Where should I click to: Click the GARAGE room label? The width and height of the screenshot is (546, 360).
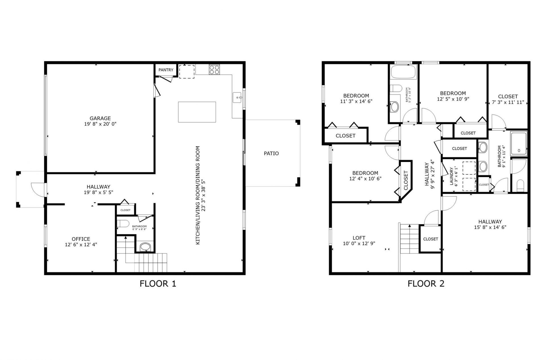tap(100, 118)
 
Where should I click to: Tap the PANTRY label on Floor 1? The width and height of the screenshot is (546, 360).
tap(166, 70)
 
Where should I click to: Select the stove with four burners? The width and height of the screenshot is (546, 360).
tap(214, 70)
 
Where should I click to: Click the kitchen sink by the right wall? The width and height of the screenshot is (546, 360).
tap(237, 97)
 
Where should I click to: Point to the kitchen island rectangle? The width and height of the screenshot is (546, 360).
tap(197, 112)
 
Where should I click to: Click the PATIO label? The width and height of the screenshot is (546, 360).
tap(271, 153)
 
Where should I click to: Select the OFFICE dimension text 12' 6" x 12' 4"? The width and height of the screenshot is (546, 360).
tap(81, 244)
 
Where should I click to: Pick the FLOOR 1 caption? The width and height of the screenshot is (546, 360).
tap(158, 284)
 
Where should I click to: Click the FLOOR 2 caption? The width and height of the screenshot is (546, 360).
tap(426, 284)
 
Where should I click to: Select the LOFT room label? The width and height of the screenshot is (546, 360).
tap(359, 238)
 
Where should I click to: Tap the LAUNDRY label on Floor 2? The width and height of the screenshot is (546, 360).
tap(451, 176)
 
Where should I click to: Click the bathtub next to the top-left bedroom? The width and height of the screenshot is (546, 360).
tap(404, 72)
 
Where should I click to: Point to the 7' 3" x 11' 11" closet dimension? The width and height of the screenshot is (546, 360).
tap(508, 102)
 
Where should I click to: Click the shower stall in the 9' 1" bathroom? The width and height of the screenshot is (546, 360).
tap(519, 143)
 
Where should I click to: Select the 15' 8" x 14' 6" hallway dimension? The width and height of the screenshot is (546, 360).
tap(490, 227)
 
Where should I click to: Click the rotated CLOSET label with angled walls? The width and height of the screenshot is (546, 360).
tap(406, 180)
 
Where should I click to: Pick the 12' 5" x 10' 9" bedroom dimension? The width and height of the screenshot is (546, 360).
tap(453, 99)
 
